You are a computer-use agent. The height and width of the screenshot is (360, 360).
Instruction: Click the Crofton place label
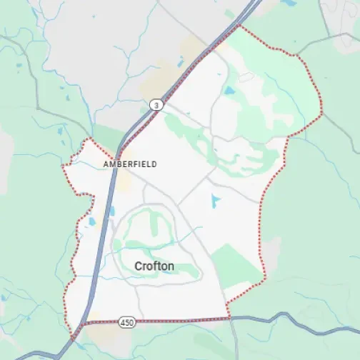pos(154,266)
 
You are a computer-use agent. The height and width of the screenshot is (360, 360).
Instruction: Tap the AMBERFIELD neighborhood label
pos(129,164)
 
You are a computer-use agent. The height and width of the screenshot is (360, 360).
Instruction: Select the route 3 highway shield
pos(154,105)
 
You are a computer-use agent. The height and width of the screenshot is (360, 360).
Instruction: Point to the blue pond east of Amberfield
pos(216,201)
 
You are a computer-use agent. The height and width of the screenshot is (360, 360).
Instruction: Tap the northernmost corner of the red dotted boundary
pos(239,26)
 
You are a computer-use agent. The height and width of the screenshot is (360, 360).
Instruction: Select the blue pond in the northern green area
pos(229,91)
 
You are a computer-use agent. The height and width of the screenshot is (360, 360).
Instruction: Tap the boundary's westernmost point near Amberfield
pos(63,167)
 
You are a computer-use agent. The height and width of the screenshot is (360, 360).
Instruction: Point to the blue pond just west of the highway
pos(92,221)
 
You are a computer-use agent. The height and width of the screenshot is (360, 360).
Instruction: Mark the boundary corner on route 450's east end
pos(228,317)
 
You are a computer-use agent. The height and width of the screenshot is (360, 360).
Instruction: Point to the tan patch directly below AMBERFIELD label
pos(124,181)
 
